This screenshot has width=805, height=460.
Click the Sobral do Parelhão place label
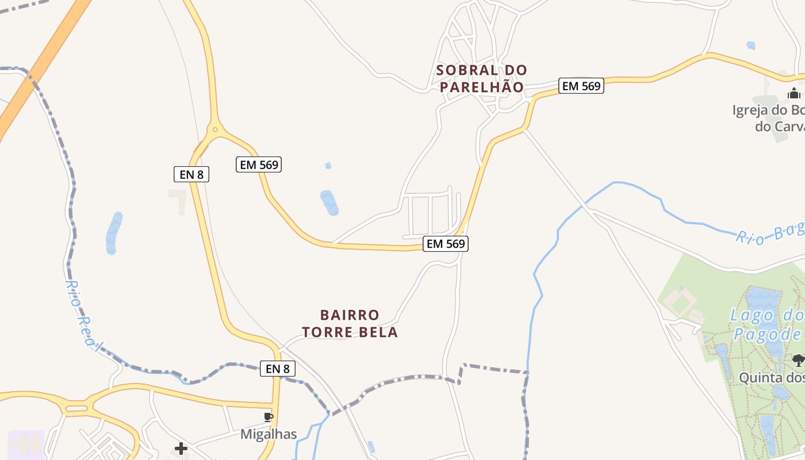pos(482,79)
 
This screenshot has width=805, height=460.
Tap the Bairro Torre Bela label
pos(350,323)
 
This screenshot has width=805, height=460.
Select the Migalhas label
pos(269,434)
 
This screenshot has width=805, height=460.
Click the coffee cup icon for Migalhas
pos(269,417)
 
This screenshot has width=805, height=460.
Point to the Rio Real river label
pos(80,313)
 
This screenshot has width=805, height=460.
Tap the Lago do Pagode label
pos(767,324)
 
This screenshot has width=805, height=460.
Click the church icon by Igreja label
pos(794,93)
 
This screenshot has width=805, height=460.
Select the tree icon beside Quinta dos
pos(798,361)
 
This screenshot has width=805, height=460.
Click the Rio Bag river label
pos(770,233)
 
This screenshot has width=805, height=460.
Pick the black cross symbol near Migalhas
pos(181,448)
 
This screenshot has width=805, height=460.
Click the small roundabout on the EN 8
pos(215,129)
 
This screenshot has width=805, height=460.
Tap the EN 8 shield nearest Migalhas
pos(278,369)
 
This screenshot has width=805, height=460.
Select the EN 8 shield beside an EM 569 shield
pos(191,174)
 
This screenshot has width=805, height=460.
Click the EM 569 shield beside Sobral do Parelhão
pos(581,86)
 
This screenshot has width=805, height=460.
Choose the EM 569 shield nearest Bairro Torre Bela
pos(446,244)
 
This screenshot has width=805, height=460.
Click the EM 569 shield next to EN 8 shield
pos(259,164)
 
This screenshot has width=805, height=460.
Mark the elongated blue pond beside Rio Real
pos(114,233)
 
